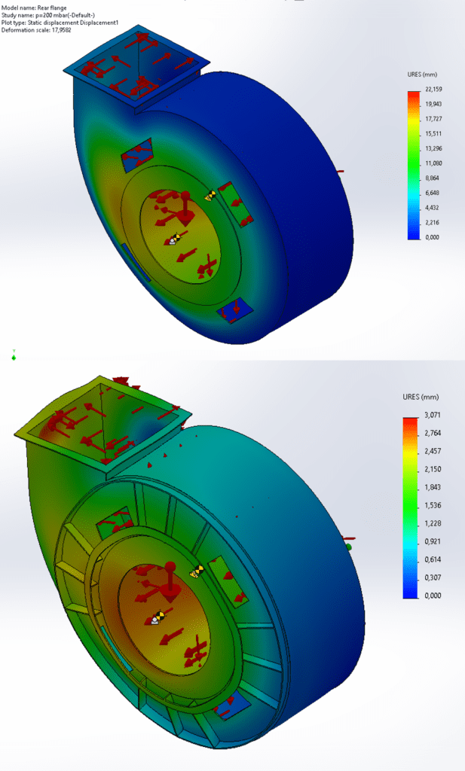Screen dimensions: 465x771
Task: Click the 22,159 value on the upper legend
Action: click(433, 89)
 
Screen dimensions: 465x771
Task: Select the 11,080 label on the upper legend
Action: click(433, 163)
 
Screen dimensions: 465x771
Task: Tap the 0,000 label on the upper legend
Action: click(432, 237)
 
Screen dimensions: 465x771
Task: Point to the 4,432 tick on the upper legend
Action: click(432, 208)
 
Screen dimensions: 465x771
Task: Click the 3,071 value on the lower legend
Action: click(433, 415)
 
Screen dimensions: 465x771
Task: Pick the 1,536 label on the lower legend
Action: click(433, 505)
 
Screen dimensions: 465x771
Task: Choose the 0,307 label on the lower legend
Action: click(433, 577)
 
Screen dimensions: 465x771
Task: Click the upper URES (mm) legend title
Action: click(422, 75)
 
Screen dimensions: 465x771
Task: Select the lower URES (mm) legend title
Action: click(421, 397)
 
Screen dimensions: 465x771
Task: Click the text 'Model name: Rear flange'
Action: click(34, 8)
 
